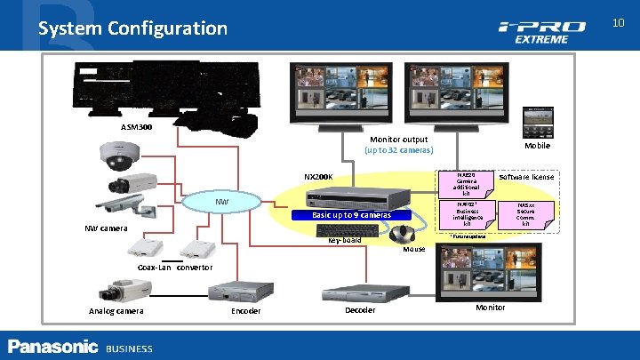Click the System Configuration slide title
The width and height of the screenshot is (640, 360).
point(132,28)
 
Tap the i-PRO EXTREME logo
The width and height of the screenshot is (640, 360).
point(541,32)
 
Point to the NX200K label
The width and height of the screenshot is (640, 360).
point(317,177)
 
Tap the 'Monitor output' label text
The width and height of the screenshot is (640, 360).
point(397,140)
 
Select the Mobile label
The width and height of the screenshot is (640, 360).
point(537,146)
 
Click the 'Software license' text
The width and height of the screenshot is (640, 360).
point(527,177)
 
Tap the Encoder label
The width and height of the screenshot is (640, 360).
point(245,311)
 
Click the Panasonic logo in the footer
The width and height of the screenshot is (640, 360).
point(52,347)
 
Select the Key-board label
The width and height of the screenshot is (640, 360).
point(345,241)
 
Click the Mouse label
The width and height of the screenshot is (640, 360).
point(414,251)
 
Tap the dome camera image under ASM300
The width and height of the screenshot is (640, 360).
point(118,155)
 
